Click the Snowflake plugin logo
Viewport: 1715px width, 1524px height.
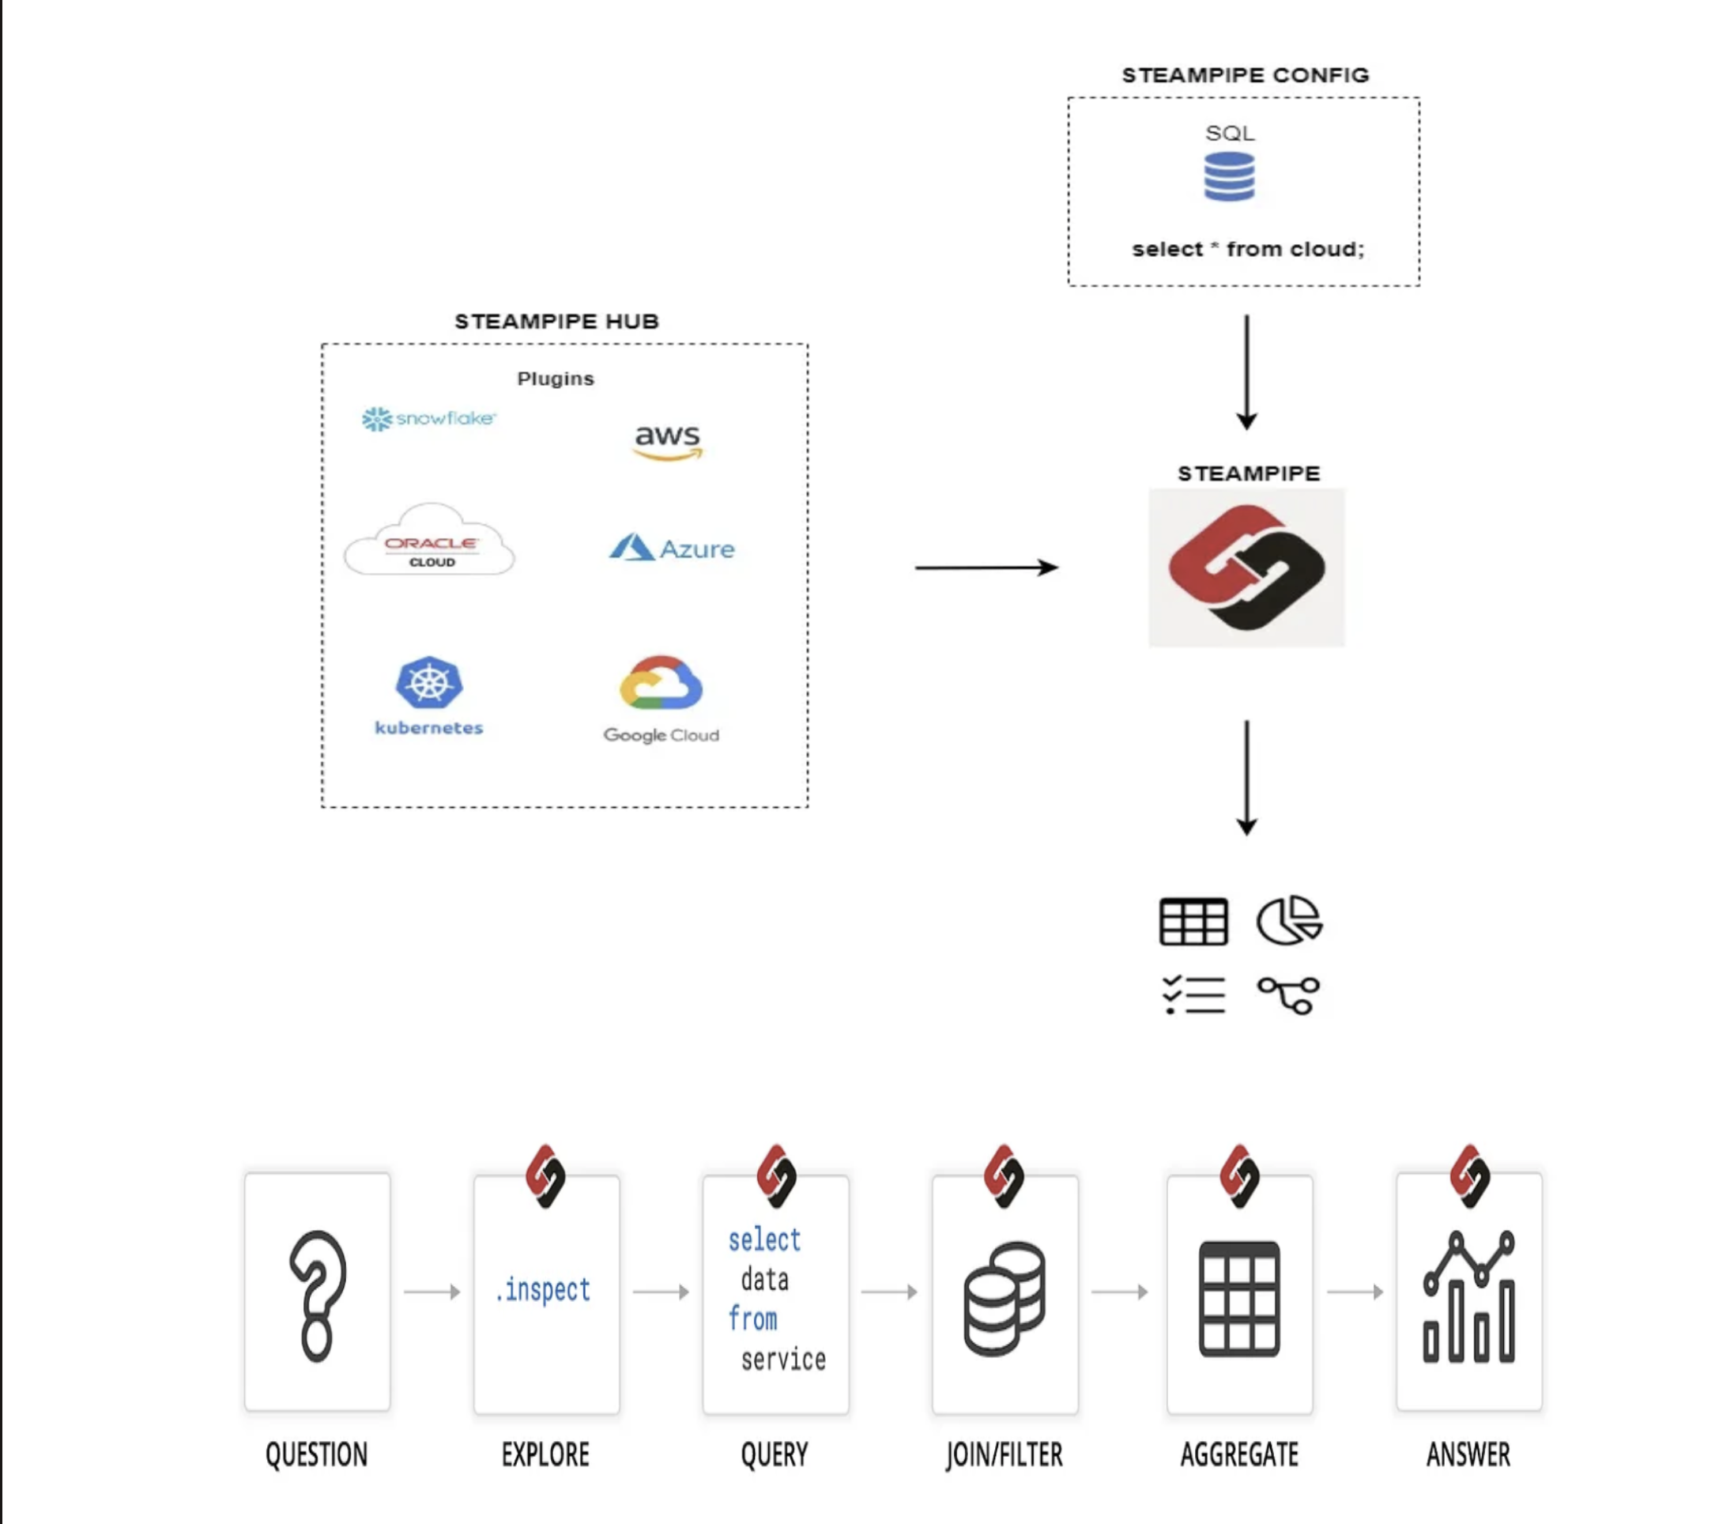click(x=428, y=418)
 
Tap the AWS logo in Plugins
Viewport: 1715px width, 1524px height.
click(x=667, y=441)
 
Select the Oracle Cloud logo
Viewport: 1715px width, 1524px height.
click(x=430, y=541)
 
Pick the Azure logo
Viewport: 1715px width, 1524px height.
click(x=671, y=548)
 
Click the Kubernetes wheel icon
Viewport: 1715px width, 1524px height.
click(x=428, y=681)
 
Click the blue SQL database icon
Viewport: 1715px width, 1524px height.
click(x=1229, y=177)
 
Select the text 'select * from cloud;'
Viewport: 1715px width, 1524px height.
click(x=1248, y=249)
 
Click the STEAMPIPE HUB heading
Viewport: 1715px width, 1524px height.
click(x=556, y=322)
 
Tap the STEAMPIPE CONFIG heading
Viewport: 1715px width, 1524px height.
click(x=1245, y=76)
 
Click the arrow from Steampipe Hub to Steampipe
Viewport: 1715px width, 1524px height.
click(x=986, y=568)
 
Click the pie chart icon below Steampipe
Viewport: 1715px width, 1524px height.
click(x=1290, y=920)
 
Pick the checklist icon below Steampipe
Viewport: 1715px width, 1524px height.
click(x=1194, y=995)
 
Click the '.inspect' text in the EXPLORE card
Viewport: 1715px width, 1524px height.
click(x=544, y=1290)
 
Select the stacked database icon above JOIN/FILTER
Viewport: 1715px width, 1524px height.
click(x=1004, y=1298)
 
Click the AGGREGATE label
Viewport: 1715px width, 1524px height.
click(x=1239, y=1454)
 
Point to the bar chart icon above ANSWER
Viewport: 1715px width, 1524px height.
click(x=1469, y=1296)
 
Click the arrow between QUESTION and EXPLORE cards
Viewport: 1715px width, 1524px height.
click(x=432, y=1292)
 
